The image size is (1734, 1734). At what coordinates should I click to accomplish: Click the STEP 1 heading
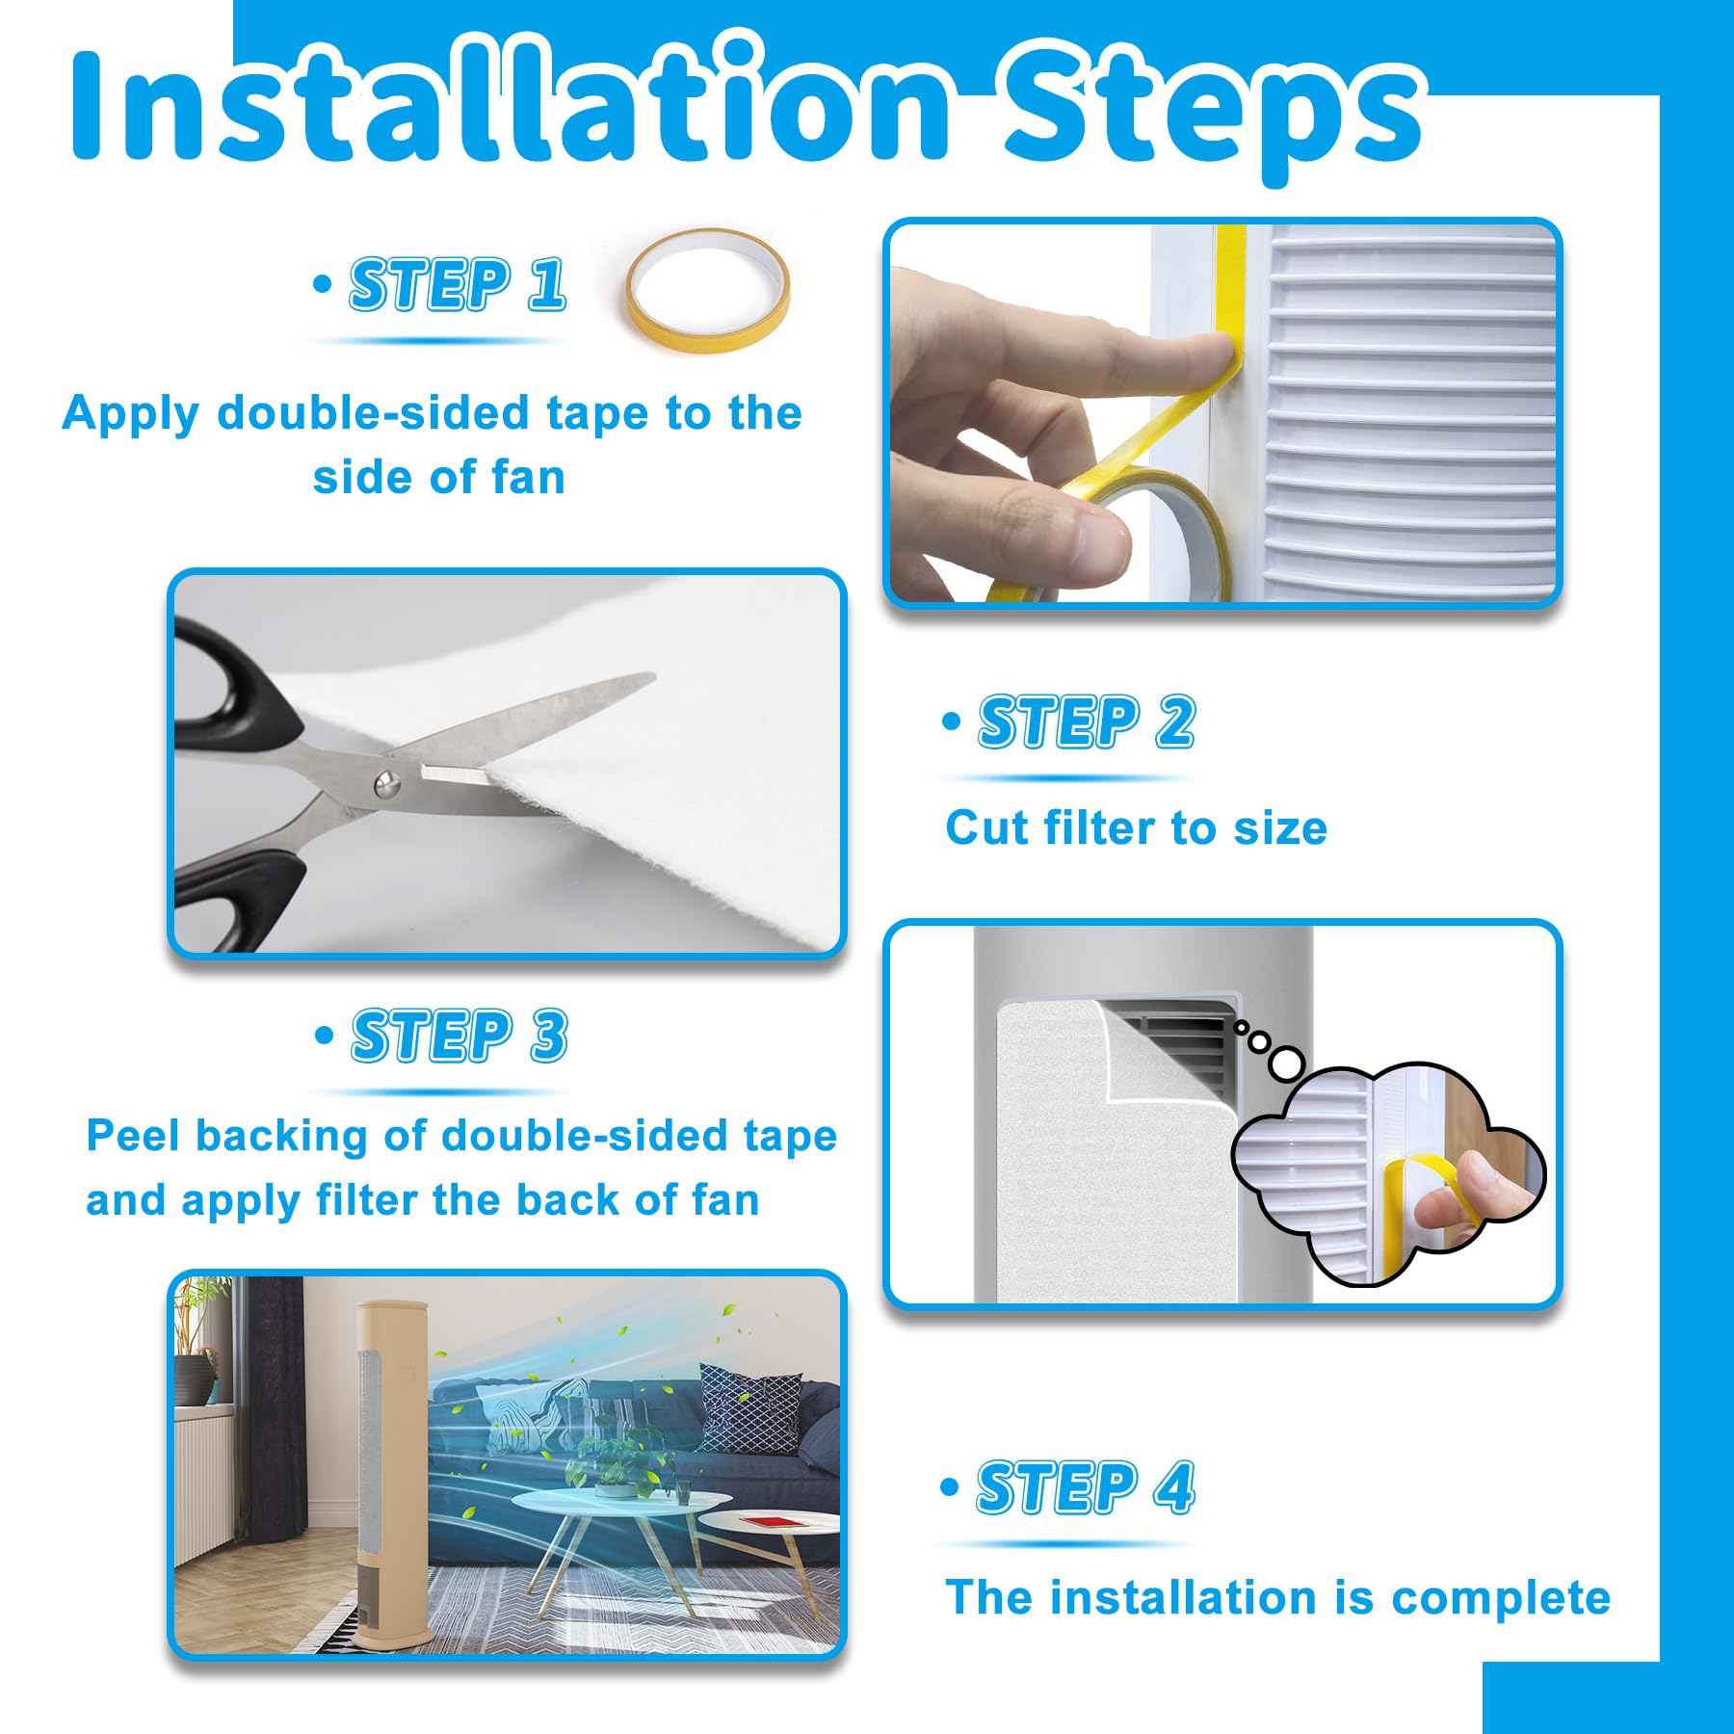click(458, 285)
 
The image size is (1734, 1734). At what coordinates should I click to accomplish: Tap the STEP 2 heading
click(1087, 722)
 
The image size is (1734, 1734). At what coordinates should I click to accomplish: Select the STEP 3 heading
click(460, 1037)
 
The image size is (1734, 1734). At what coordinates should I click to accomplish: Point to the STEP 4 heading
click(1086, 1488)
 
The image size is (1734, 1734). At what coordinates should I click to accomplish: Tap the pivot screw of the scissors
click(387, 785)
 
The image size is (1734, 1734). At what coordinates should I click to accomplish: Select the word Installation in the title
click(511, 101)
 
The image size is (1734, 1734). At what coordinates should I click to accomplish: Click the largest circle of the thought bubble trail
click(1286, 1064)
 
